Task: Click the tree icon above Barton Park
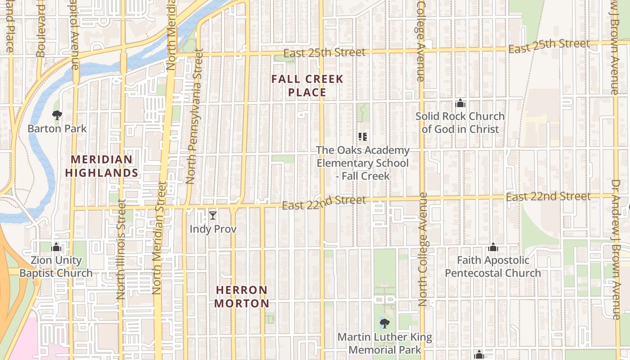point(57,115)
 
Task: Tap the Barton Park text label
point(57,129)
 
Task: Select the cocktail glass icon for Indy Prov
point(213,216)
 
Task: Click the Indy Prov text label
point(213,229)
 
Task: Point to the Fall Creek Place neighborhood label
point(307,86)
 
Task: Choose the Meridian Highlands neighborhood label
point(102,166)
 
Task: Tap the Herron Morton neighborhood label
point(242,297)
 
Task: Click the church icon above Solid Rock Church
point(460,103)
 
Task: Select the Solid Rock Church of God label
point(460,122)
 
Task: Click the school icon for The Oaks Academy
point(363,137)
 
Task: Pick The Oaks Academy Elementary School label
point(363,163)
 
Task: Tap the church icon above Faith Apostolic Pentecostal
point(493,247)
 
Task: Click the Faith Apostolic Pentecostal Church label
point(493,266)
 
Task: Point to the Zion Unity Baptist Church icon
point(56,247)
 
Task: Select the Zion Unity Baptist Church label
point(56,266)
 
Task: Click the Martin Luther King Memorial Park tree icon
point(385,323)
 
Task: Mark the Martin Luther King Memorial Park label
point(385,343)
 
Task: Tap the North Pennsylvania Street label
point(194,116)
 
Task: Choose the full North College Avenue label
point(422,250)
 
